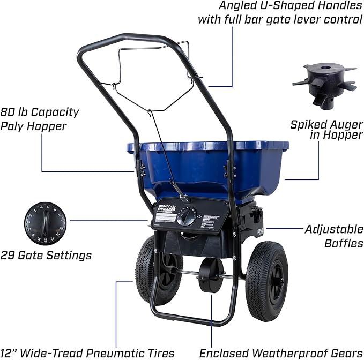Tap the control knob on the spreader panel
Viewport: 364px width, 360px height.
tap(187, 216)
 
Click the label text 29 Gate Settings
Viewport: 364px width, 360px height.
tap(46, 256)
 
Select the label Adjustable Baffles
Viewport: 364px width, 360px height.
tap(333, 236)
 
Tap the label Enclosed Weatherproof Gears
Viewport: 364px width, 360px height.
tap(278, 352)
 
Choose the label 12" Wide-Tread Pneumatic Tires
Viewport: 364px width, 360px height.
tap(88, 352)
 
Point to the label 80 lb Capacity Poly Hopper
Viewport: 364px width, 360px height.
tap(40, 118)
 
